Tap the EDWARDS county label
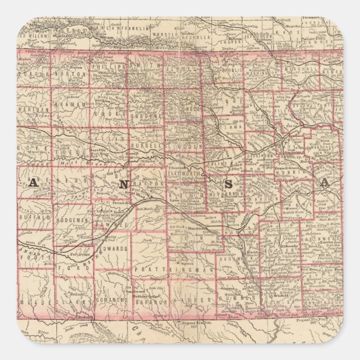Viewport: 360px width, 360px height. click(x=115, y=248)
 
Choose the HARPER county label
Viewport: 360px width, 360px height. click(x=185, y=300)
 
